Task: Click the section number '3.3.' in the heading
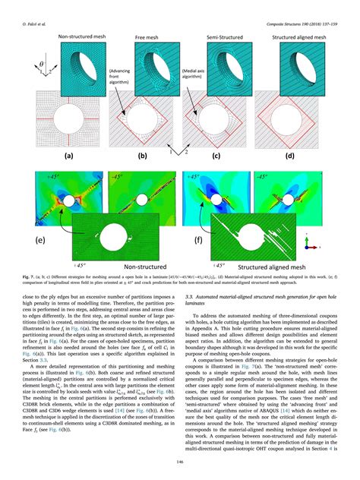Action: pos(190,303)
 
